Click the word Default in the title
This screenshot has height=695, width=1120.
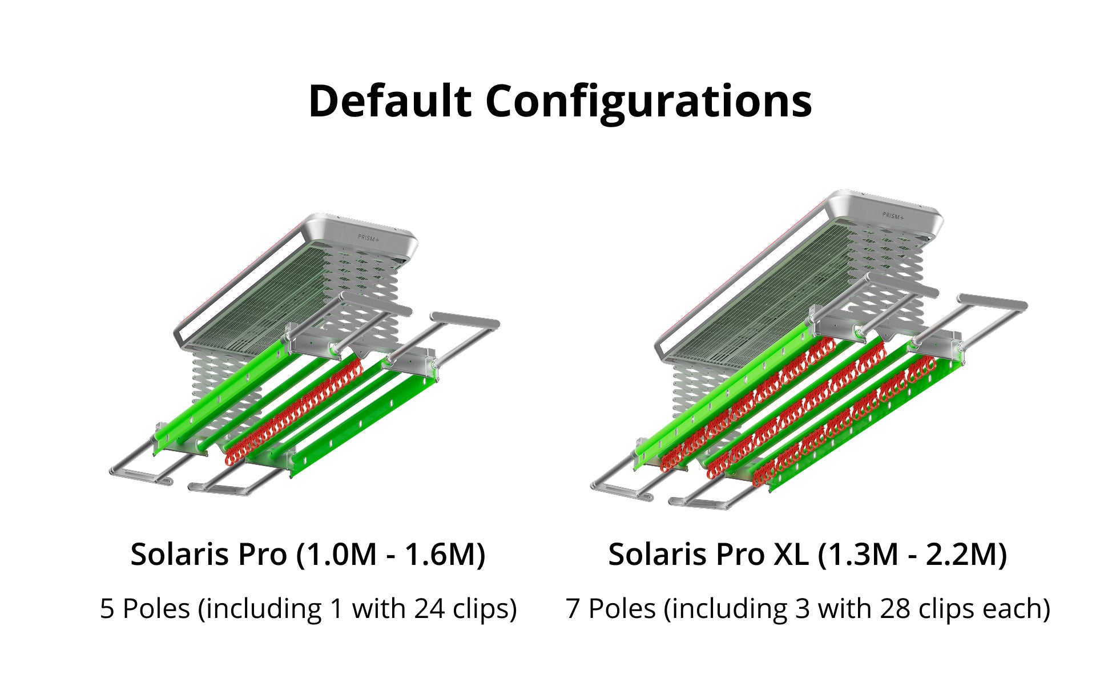click(x=390, y=101)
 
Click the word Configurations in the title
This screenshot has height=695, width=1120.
click(x=648, y=103)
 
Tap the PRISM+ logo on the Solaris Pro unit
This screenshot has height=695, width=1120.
click(x=368, y=238)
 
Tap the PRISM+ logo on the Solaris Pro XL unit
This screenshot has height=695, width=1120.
click(x=893, y=216)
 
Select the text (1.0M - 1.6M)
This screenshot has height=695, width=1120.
click(x=390, y=555)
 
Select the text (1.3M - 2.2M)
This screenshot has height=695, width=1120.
click(x=912, y=555)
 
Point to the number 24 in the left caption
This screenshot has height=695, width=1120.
click(x=429, y=608)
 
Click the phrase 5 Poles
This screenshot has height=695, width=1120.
click(x=145, y=608)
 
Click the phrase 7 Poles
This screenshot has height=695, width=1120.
click(x=611, y=608)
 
